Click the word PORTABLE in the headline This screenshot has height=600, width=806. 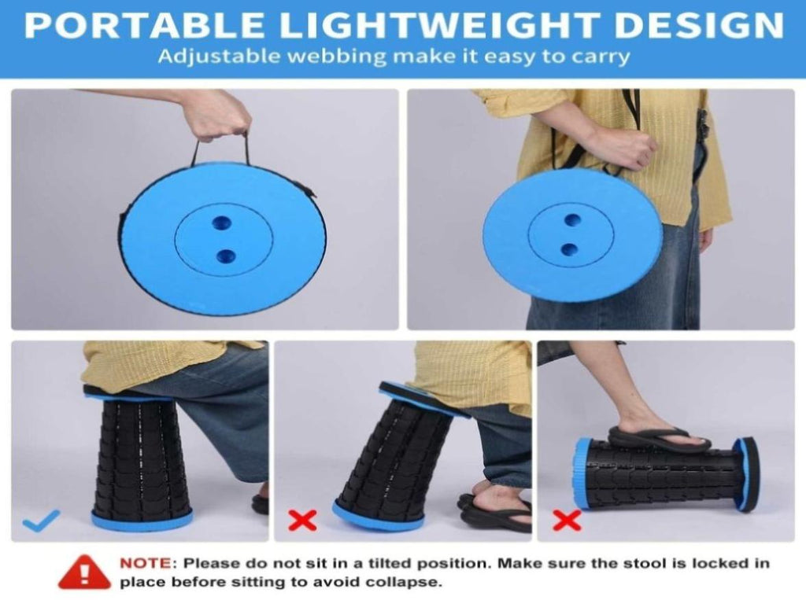coord(145,25)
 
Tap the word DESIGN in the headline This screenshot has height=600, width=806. coord(700,25)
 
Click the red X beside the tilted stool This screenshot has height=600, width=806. coord(302,521)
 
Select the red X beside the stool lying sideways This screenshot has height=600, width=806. coord(567,521)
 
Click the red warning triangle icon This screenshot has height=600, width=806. coord(85,572)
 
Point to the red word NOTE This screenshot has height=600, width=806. coord(146,564)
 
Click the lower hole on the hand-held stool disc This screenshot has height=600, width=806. coord(226,256)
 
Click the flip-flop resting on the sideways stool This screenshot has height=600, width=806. coord(659,440)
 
